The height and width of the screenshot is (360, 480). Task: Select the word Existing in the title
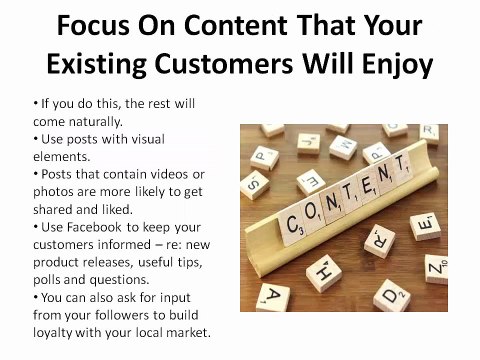click(103, 63)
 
